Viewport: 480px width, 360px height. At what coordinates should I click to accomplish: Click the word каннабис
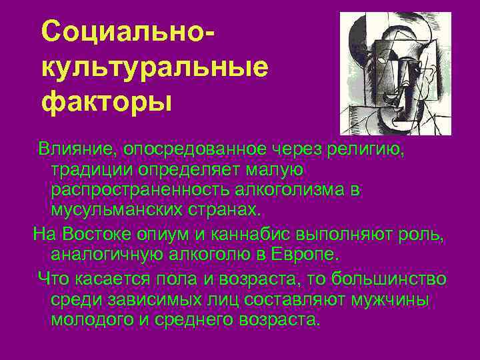click(250, 234)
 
